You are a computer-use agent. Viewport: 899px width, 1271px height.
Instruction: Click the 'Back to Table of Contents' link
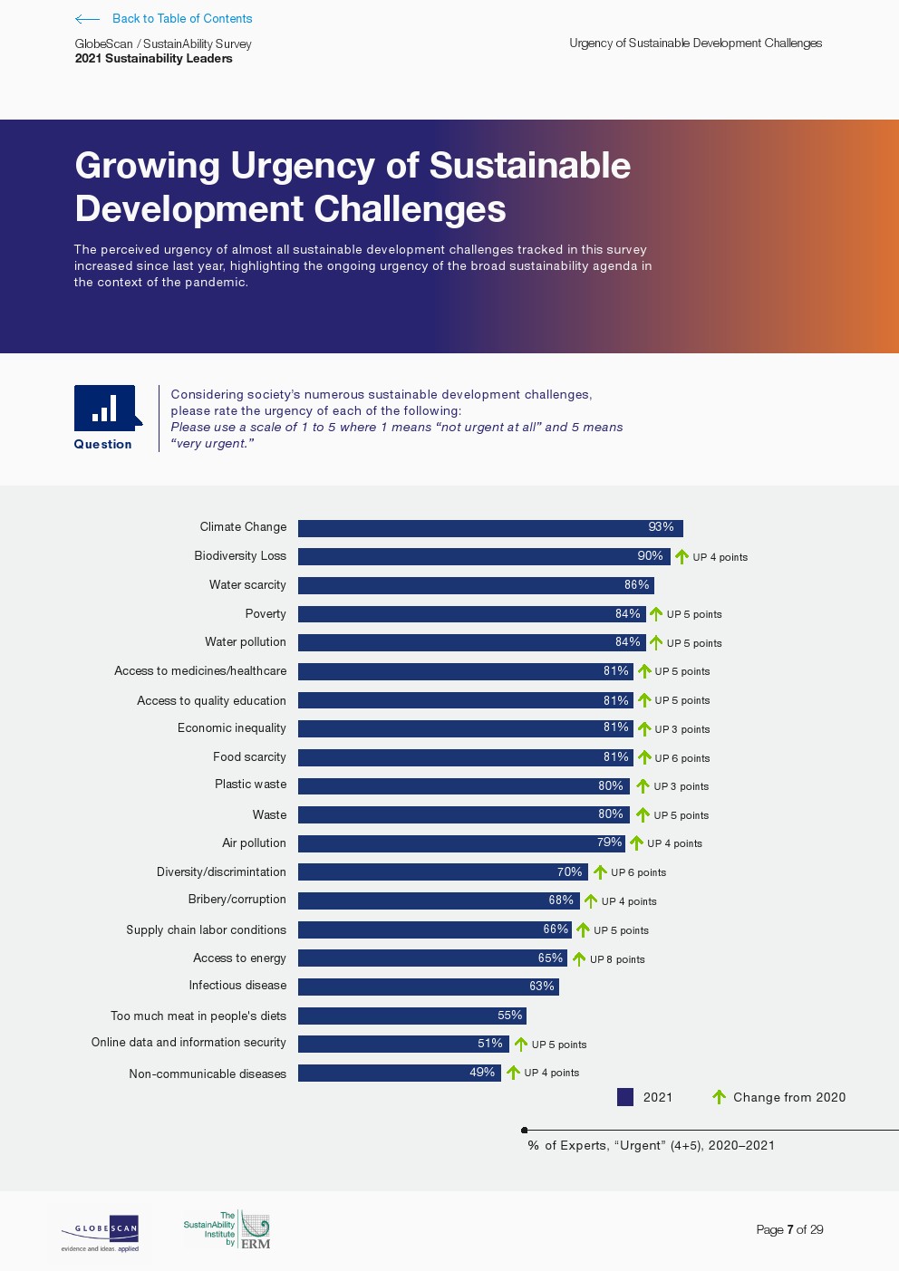(181, 18)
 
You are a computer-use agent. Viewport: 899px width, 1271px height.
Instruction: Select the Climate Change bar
(489, 528)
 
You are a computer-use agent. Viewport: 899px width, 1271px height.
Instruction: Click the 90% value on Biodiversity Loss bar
(650, 556)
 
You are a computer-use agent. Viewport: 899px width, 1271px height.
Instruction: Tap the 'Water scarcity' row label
(247, 585)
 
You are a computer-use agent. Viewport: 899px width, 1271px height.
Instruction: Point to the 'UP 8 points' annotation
(617, 959)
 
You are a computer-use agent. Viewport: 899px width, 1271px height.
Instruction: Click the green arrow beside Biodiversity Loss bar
(681, 556)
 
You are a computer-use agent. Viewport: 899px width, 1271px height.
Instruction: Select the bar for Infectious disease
(428, 987)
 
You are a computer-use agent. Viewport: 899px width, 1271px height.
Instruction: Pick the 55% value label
(509, 1016)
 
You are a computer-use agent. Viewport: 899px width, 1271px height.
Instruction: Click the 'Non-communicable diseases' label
(208, 1074)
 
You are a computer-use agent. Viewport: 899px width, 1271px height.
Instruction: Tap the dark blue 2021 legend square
(625, 1097)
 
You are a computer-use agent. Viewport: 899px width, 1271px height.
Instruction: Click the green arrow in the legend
(719, 1097)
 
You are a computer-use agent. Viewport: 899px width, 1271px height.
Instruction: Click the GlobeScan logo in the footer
(101, 1233)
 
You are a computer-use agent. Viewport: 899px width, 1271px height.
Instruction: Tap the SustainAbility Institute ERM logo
(227, 1230)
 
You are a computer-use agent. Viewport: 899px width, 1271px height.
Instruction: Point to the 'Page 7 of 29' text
(789, 1229)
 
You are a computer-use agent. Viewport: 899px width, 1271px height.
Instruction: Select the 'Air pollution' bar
(460, 843)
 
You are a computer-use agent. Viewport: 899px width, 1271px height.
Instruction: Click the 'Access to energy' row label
(239, 958)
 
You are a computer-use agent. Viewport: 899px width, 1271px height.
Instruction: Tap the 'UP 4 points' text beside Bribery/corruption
(629, 901)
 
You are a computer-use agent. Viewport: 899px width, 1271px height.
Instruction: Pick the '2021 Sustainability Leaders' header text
(153, 59)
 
